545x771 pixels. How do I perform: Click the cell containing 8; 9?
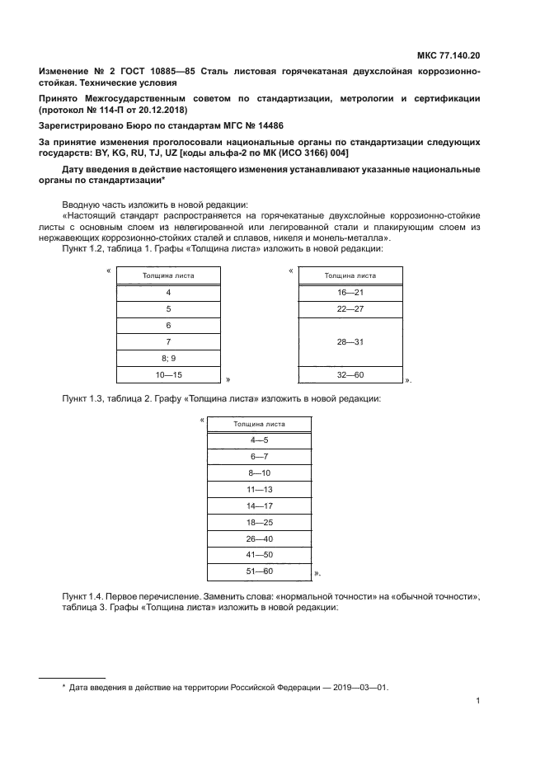coord(168,357)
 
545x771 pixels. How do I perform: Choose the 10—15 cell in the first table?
coord(168,375)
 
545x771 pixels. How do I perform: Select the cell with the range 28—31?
coord(350,341)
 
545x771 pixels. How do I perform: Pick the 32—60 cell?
coord(350,375)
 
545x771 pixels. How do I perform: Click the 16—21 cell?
coord(350,293)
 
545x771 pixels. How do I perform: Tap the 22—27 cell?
coord(350,309)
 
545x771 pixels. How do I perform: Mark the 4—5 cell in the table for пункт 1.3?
coord(259,440)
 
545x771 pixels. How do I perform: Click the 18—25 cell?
coord(259,522)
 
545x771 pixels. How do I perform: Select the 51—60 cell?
coord(259,571)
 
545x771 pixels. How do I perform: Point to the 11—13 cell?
coord(259,489)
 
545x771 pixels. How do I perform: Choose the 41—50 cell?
coord(259,554)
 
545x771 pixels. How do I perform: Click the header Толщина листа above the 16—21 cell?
coord(350,275)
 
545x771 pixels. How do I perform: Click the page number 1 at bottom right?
coord(477,702)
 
